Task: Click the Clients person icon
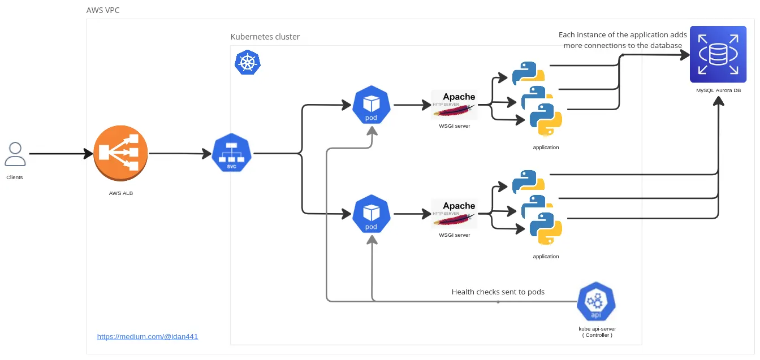[15, 154]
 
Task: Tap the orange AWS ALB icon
[120, 153]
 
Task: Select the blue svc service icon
[231, 153]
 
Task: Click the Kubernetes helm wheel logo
[248, 62]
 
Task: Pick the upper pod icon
[371, 105]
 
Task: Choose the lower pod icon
[371, 214]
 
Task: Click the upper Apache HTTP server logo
[454, 105]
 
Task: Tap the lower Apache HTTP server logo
[454, 214]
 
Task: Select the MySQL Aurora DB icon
[718, 54]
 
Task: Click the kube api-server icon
[596, 301]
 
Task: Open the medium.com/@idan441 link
[147, 337]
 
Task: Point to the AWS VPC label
[103, 10]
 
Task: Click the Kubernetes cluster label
[265, 37]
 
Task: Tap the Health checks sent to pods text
[498, 292]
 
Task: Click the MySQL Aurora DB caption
[718, 90]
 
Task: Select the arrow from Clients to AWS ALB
[61, 154]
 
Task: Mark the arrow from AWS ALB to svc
[180, 154]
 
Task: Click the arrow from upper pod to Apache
[412, 105]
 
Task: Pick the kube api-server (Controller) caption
[597, 332]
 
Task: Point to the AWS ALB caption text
[121, 193]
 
